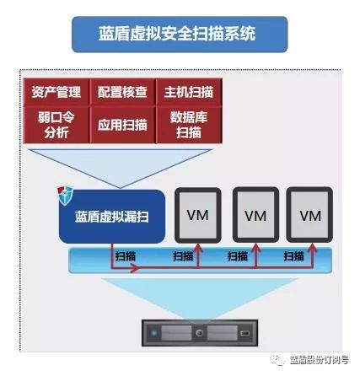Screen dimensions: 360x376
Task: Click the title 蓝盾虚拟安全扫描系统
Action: (177, 35)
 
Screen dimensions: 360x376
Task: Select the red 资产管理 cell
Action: (56, 92)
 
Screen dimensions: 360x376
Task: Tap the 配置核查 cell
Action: (122, 92)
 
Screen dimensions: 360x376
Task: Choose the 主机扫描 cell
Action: (189, 92)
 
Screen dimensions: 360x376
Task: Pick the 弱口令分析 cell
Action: (56, 125)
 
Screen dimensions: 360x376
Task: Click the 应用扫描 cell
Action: (122, 125)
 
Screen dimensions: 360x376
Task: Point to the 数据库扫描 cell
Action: (189, 125)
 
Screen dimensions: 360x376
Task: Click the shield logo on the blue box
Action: (65, 195)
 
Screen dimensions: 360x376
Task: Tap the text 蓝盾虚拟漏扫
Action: (112, 217)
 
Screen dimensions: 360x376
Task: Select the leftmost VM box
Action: (198, 215)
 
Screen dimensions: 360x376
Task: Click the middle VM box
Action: (255, 215)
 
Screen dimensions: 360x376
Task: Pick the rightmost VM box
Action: (309, 215)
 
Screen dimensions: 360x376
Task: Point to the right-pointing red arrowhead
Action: (135, 268)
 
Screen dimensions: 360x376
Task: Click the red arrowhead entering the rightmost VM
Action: (312, 248)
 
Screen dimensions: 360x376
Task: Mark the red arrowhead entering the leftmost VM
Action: (198, 248)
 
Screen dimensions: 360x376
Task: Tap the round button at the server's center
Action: (200, 333)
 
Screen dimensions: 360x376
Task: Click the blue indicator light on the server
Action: (153, 334)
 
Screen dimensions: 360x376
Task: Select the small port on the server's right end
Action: (245, 334)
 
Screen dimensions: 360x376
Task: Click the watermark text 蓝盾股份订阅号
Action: (320, 360)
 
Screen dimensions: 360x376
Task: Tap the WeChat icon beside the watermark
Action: (277, 360)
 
